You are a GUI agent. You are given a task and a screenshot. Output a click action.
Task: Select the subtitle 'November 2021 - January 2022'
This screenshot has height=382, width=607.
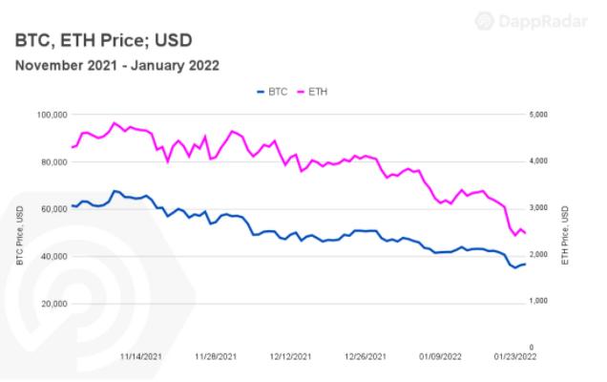(115, 66)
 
